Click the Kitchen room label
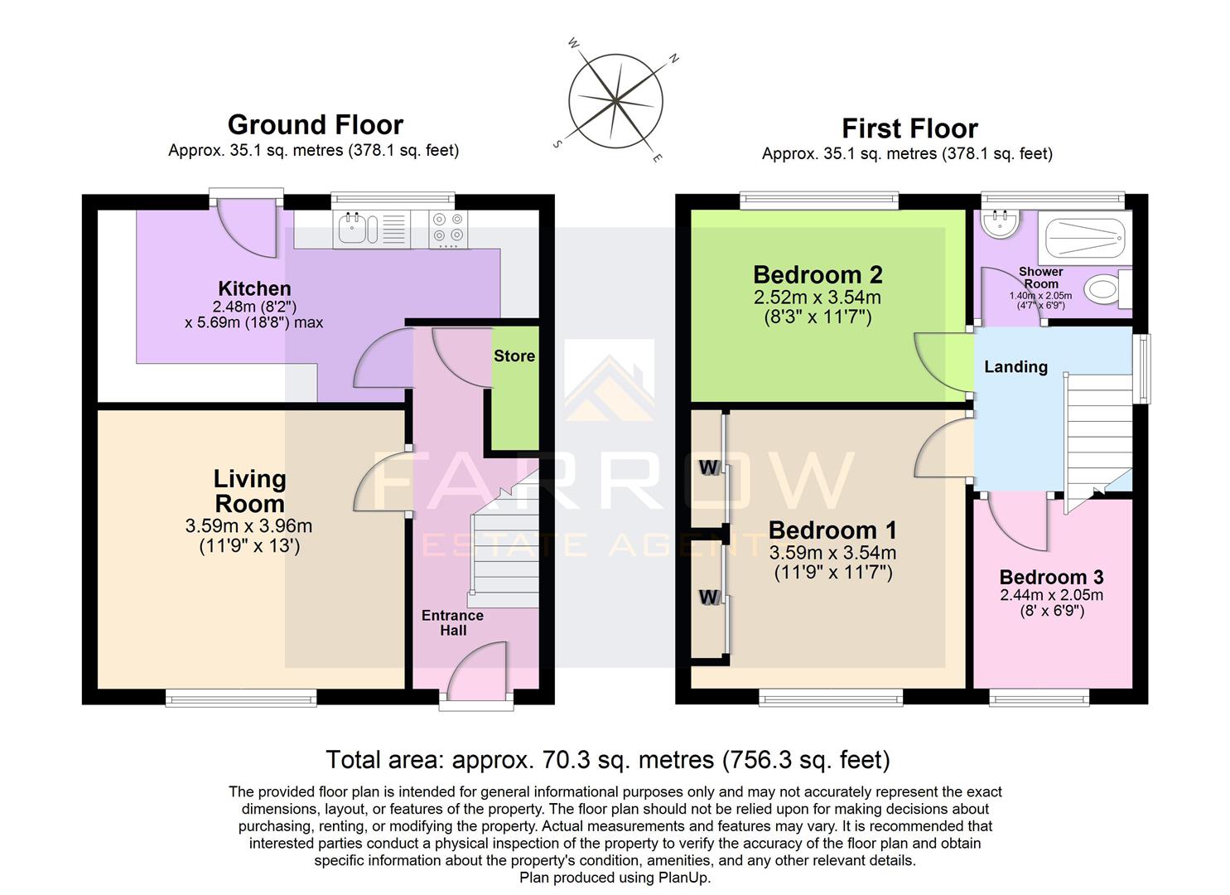[254, 288]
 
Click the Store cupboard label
[514, 356]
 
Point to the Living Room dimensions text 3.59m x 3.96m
[248, 526]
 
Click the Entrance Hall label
[452, 622]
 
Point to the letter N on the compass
[674, 59]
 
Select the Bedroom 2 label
[817, 274]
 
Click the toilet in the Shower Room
[1103, 289]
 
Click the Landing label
[1015, 366]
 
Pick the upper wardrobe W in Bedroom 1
[708, 467]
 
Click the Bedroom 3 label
[1051, 577]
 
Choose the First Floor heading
[909, 128]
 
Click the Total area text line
[607, 759]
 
